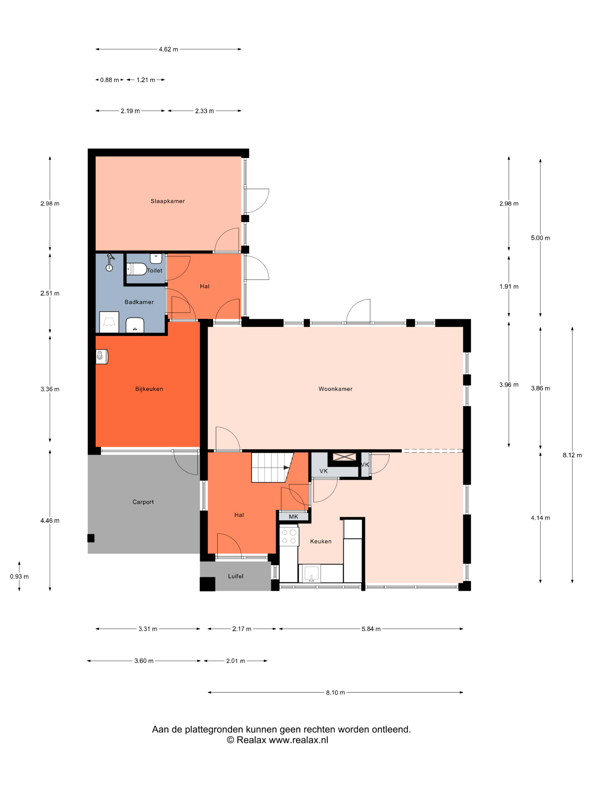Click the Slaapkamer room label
[x=167, y=201]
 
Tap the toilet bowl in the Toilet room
[x=137, y=269]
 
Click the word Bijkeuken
[x=149, y=389]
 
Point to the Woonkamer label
[x=335, y=389]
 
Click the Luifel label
[x=235, y=576]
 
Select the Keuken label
[x=321, y=541]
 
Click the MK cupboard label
[x=293, y=516]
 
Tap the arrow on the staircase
[x=286, y=468]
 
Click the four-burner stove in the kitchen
[x=289, y=536]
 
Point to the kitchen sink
[x=311, y=573]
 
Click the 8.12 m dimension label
[x=572, y=455]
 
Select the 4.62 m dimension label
[x=168, y=49]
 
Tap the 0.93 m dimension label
[x=19, y=576]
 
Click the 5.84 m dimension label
[x=371, y=629]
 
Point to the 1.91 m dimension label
[x=509, y=286]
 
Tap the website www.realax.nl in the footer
[x=298, y=740]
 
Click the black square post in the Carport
[x=91, y=538]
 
